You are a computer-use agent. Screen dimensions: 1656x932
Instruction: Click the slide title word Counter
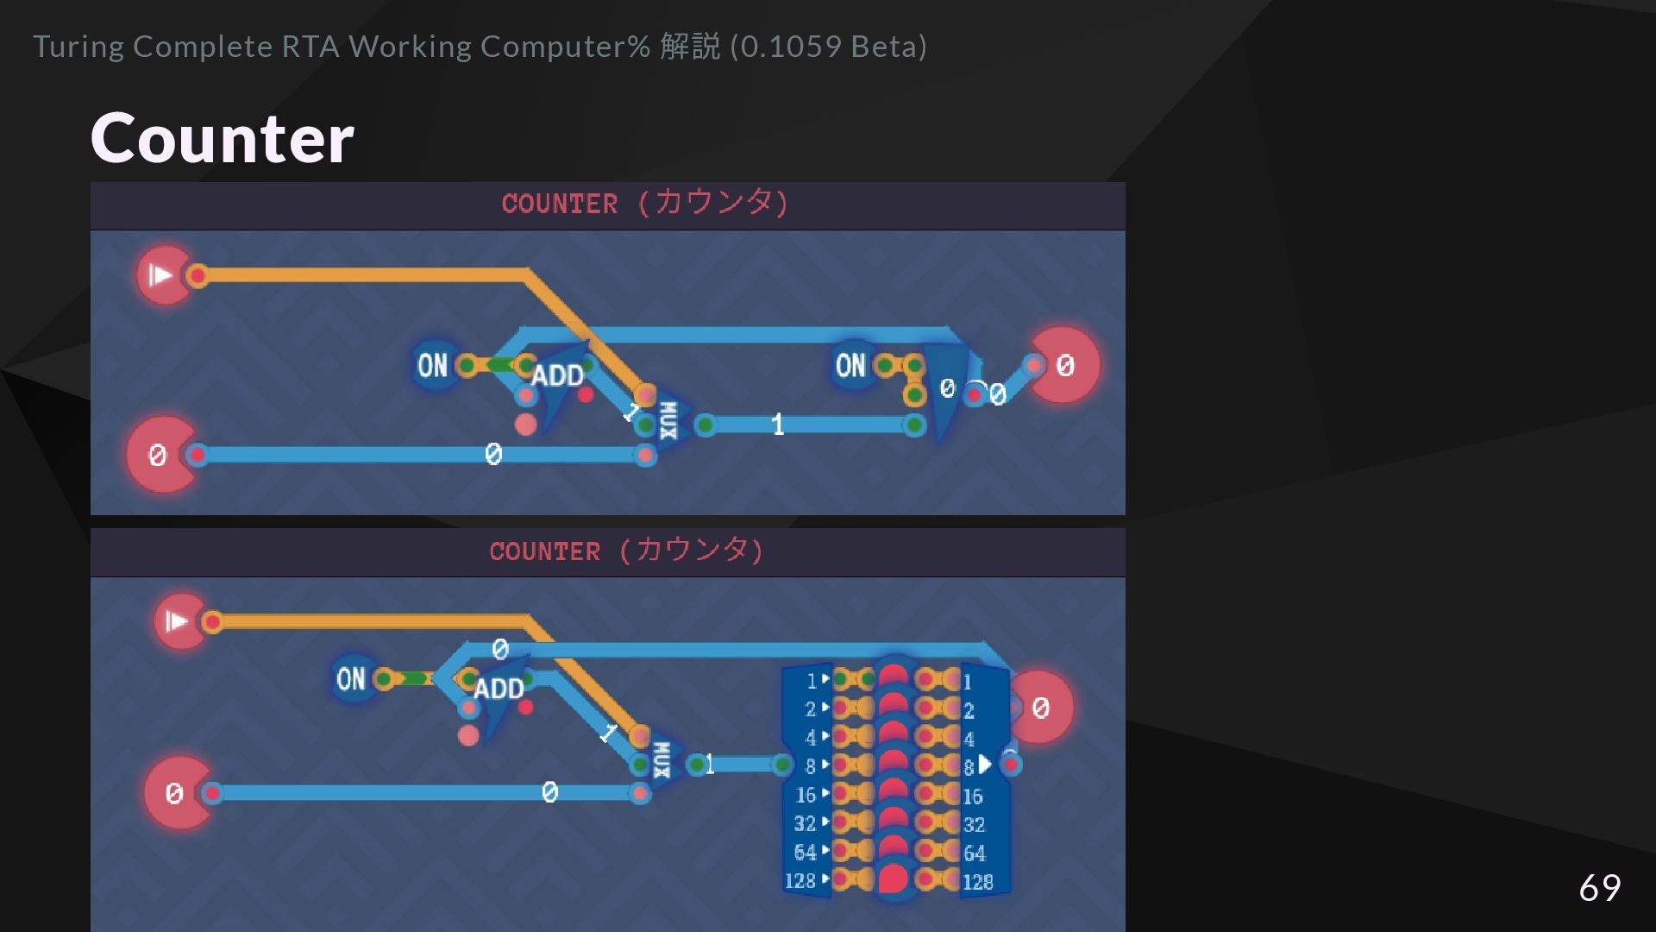point(222,138)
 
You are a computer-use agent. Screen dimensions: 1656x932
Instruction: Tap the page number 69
point(1599,887)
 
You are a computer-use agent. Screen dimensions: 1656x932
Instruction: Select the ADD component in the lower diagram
point(499,689)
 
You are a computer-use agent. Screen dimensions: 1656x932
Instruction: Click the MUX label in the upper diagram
point(668,420)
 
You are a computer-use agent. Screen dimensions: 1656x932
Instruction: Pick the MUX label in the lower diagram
point(662,760)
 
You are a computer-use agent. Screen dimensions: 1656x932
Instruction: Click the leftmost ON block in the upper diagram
point(432,366)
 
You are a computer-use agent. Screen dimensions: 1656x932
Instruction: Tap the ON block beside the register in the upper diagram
point(850,366)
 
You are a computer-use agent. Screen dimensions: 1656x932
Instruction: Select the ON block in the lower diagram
point(351,679)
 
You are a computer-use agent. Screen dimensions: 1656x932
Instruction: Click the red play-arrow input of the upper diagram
point(162,275)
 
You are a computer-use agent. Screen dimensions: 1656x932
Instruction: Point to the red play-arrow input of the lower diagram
point(178,621)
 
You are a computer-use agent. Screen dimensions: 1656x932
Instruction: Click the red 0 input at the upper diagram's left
point(159,455)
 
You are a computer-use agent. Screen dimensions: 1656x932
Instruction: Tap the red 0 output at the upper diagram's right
point(1065,366)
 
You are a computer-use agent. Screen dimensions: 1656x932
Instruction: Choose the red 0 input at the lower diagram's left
point(175,793)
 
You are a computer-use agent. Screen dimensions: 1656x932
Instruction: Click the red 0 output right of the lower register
point(1040,708)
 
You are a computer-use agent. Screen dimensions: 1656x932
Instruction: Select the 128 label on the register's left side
point(800,881)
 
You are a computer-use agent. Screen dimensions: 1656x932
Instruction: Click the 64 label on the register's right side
point(975,853)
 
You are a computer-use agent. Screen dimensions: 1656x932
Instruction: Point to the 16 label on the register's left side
point(806,795)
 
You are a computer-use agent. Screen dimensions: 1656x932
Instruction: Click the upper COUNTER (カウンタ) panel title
point(645,204)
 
